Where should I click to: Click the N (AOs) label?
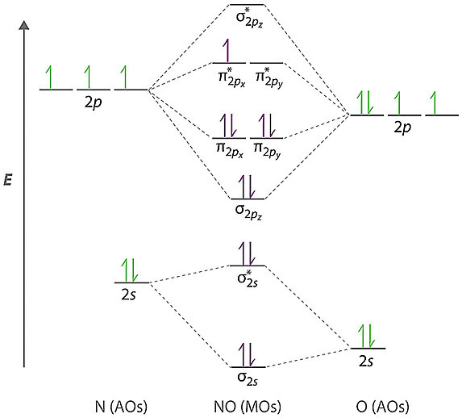pyautogui.click(x=121, y=407)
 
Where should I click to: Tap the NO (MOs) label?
pyautogui.click(x=248, y=407)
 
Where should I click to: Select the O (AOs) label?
pyautogui.click(x=382, y=407)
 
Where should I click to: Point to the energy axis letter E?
pyautogui.click(x=8, y=180)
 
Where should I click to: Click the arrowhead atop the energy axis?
pyautogui.click(x=24, y=25)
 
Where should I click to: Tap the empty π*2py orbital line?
pyautogui.click(x=267, y=63)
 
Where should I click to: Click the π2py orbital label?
pyautogui.click(x=267, y=150)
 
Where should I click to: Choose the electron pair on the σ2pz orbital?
pyautogui.click(x=248, y=186)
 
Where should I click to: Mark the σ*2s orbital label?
pyautogui.click(x=248, y=279)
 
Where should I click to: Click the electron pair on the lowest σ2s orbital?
pyautogui.click(x=248, y=355)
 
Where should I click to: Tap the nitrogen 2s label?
pyautogui.click(x=128, y=295)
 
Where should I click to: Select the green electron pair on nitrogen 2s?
pyautogui.click(x=130, y=270)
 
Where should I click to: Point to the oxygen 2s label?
pyautogui.click(x=366, y=361)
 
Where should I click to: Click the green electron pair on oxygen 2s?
pyautogui.click(x=366, y=336)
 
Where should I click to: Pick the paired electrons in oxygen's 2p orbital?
pyautogui.click(x=365, y=103)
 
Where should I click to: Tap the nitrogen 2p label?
pyautogui.click(x=94, y=102)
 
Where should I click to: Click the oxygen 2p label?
pyautogui.click(x=402, y=127)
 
